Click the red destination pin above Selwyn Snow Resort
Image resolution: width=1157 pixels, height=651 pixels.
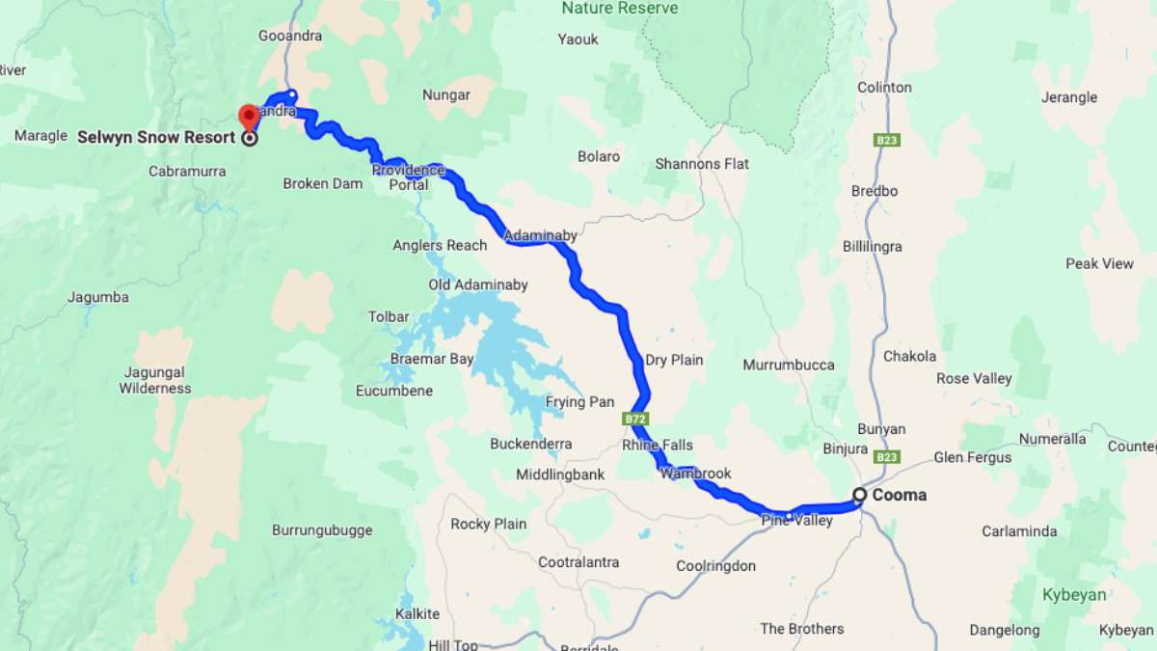(249, 117)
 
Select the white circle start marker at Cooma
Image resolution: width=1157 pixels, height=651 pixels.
(859, 496)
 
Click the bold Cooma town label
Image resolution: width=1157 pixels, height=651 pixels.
(899, 495)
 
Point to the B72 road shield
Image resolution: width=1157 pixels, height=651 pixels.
(633, 420)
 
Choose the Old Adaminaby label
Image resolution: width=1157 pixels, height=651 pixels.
(478, 285)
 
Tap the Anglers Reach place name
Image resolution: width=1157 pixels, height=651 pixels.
(440, 245)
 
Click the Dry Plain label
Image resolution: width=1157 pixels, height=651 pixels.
(674, 360)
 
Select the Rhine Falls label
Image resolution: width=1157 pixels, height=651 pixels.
(657, 445)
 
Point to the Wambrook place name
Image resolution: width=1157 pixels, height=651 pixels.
(695, 474)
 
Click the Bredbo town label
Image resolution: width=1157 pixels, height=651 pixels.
(874, 191)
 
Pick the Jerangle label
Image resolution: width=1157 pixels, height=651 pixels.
(1069, 96)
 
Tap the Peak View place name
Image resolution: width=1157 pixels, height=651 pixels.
(1099, 263)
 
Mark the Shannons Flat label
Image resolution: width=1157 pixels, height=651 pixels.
(702, 164)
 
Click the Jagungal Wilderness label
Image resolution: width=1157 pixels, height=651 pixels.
(155, 380)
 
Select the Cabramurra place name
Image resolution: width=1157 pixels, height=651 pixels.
(187, 172)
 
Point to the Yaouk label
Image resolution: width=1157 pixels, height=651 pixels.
(578, 40)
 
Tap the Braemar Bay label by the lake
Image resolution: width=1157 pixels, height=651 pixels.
(432, 359)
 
